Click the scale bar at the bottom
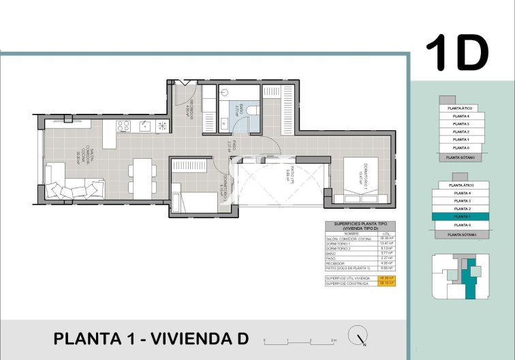pyautogui.click(x=300, y=339)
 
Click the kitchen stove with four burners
pyautogui.click(x=124, y=125)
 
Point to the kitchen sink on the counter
pyautogui.click(x=144, y=125)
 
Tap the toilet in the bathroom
pyautogui.click(x=252, y=110)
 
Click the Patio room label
pyautogui.click(x=290, y=179)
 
